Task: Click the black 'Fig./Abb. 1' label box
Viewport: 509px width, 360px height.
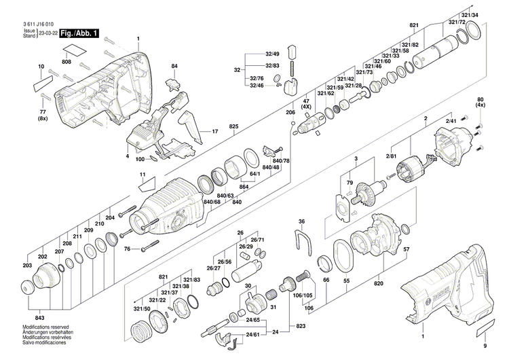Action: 78,33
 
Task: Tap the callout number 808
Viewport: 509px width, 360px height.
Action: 67,62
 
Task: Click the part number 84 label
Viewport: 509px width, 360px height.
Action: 174,66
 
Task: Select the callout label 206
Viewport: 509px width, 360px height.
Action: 290,112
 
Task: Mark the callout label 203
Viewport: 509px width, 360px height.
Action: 26,265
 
